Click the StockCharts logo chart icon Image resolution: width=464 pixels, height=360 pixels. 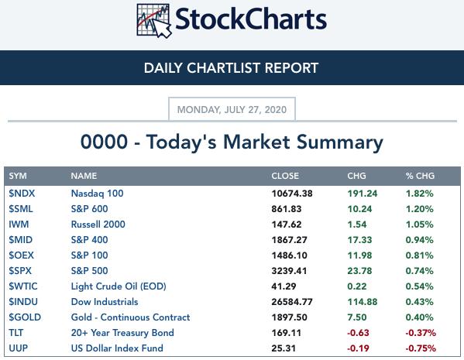154,21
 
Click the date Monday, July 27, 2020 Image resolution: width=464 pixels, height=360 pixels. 232,110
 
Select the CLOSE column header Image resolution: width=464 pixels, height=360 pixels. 285,176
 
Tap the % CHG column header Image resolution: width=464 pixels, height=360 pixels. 420,176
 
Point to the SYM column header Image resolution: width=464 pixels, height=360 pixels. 18,176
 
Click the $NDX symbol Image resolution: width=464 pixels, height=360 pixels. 22,194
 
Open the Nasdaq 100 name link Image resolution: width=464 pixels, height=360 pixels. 97,194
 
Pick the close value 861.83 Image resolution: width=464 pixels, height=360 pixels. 287,209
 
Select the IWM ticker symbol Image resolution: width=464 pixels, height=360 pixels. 19,225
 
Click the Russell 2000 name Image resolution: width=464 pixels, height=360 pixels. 98,225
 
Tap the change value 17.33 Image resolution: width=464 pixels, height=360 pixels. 359,240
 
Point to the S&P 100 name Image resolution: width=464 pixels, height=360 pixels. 89,255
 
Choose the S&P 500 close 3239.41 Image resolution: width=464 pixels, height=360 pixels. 289,271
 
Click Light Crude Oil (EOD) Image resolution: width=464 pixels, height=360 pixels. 119,286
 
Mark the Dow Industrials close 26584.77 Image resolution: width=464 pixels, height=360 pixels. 292,302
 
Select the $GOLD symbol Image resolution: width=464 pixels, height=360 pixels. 25,317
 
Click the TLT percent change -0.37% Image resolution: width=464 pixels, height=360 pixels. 421,333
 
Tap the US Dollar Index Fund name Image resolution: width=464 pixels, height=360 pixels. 117,348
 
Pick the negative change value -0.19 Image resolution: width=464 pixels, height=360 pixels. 358,348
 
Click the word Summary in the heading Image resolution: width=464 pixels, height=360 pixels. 340,142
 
